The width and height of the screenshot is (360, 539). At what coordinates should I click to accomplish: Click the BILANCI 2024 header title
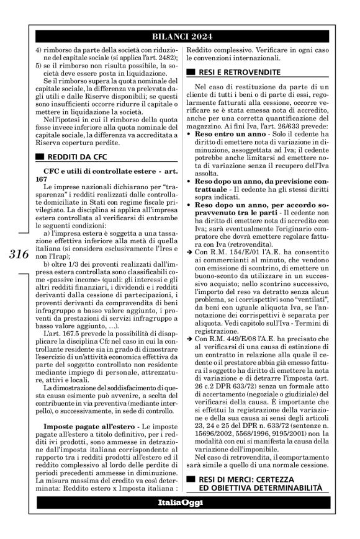[x=180, y=34]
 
